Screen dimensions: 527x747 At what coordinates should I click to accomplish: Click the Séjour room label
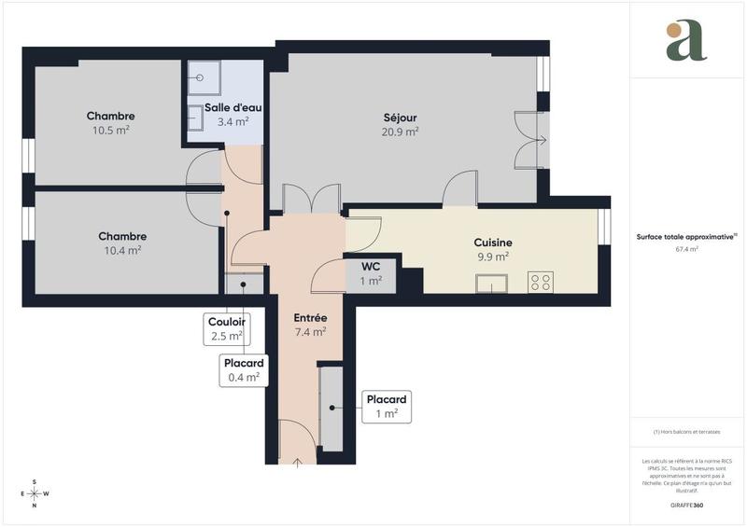pos(400,118)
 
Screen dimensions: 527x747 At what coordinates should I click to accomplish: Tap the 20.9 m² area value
pos(400,132)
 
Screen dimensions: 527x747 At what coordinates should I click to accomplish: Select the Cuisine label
pos(492,243)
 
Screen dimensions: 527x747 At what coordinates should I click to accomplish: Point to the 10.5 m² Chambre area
pos(110,130)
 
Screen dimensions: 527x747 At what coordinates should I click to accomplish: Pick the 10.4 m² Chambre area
pos(121,250)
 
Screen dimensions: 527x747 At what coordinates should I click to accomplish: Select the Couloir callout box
pos(226,327)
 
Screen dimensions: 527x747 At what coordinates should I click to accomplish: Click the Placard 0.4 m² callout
pos(244,370)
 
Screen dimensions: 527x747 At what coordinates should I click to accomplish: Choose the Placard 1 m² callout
pos(387,406)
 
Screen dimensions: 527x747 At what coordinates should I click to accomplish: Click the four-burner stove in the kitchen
pos(541,282)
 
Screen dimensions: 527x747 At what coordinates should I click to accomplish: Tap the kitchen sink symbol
pos(490,283)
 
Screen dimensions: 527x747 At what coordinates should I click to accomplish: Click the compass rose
pos(35,493)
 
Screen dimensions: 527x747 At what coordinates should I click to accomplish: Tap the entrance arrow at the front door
pos(298,459)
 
